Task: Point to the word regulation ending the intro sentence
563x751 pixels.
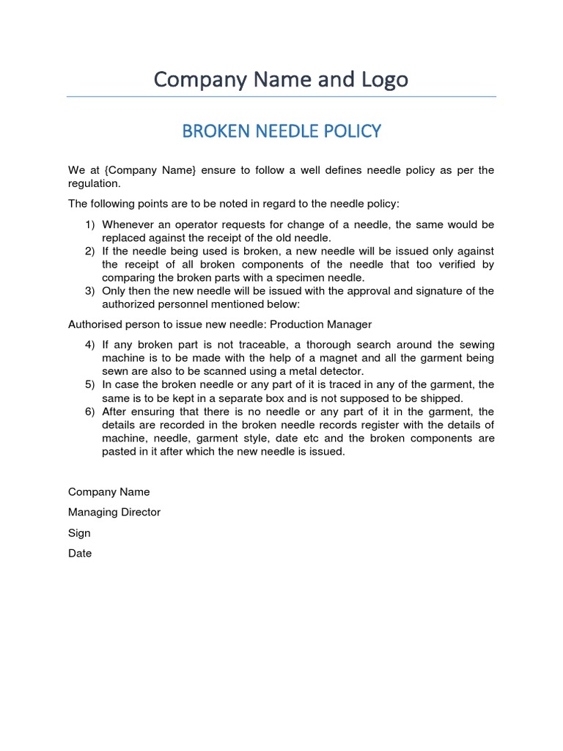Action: [x=94, y=183]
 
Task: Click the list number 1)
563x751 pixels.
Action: [x=90, y=224]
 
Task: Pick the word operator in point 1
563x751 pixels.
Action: [x=196, y=224]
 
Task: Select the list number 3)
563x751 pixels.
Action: [x=90, y=291]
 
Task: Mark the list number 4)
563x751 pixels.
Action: [x=90, y=345]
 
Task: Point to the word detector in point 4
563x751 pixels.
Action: [x=341, y=371]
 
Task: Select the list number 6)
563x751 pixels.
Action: [x=90, y=411]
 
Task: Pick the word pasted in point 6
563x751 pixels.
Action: [x=120, y=452]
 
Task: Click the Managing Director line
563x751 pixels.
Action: [x=114, y=512]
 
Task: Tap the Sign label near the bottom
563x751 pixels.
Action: [x=79, y=532]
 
